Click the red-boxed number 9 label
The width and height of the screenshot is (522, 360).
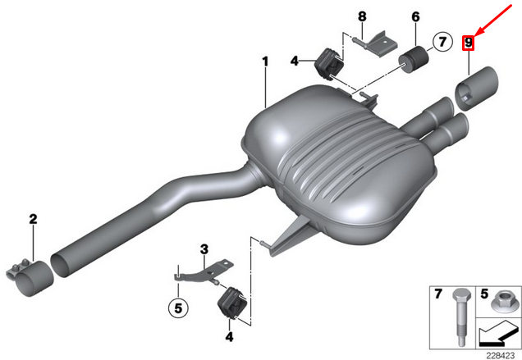[x=468, y=43]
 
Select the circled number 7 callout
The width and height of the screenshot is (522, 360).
[x=442, y=43]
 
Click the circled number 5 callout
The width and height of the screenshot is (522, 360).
[x=178, y=308]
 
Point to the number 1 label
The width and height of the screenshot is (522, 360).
[x=265, y=62]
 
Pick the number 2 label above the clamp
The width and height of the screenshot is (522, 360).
[x=33, y=219]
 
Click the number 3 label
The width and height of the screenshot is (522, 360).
[x=204, y=249]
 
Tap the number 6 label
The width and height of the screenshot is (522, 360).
[x=416, y=16]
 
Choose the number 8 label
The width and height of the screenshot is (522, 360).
[x=362, y=16]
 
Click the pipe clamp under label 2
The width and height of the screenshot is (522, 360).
[x=30, y=276]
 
